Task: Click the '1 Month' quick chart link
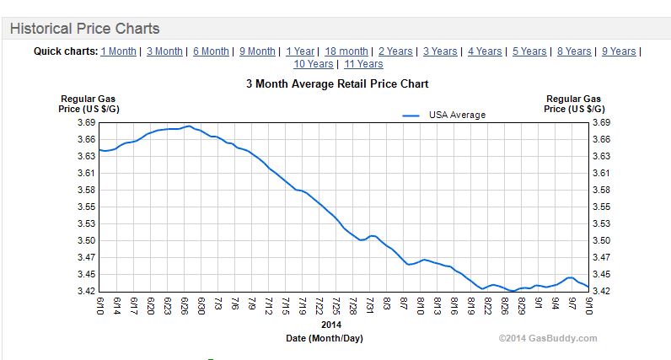(x=118, y=51)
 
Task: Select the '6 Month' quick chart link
(x=211, y=51)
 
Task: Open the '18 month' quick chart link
(x=346, y=51)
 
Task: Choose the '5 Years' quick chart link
(x=529, y=51)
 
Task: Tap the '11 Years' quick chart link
(x=363, y=64)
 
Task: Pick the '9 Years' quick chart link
(x=619, y=51)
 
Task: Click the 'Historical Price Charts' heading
(x=84, y=29)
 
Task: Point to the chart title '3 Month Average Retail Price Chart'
(x=337, y=84)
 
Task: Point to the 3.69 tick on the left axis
(x=87, y=123)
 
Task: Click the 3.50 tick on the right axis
(x=601, y=241)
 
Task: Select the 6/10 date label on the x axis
(x=101, y=306)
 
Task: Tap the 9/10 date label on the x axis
(x=588, y=306)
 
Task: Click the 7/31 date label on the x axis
(x=371, y=306)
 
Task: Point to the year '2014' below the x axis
(x=331, y=325)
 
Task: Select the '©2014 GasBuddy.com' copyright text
(x=548, y=338)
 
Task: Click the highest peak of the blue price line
(x=190, y=126)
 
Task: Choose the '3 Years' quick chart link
(x=440, y=51)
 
